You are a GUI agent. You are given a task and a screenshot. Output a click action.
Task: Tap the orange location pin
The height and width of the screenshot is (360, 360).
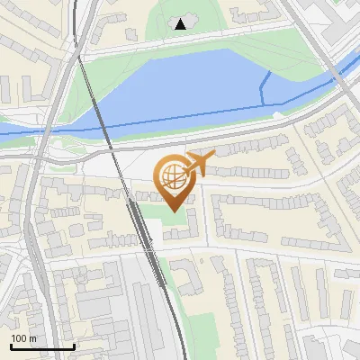tap(174, 179)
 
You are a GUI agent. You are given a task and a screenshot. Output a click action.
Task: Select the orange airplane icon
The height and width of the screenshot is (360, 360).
tap(199, 164)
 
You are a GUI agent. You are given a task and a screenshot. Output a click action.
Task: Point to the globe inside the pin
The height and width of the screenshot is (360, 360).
tap(173, 174)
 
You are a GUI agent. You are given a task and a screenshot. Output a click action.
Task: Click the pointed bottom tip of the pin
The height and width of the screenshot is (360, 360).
tap(174, 210)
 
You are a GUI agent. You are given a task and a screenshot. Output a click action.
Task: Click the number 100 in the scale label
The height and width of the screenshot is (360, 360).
tap(19, 338)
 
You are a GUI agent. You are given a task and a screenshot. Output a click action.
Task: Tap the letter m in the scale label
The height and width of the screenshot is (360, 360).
tap(32, 338)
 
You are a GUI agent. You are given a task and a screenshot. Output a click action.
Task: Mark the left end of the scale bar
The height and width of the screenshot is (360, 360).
tap(10, 346)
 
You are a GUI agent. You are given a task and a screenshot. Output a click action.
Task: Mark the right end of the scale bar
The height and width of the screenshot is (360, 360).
tap(74, 346)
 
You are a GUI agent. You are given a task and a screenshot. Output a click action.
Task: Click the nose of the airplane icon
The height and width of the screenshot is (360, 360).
tap(213, 155)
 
